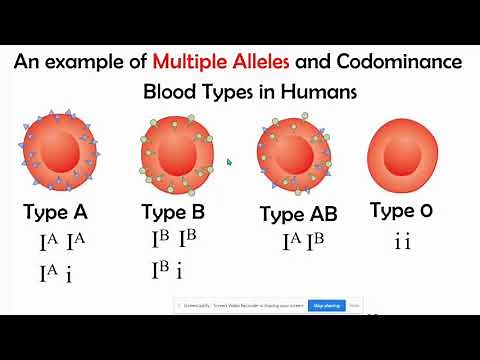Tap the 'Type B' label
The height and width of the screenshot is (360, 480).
pos(179,212)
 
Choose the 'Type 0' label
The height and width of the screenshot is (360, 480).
pos(403,210)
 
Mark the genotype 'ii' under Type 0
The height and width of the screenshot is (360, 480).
pos(403,241)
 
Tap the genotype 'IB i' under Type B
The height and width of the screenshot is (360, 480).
pos(167,271)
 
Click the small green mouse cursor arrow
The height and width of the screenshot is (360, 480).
pos(229,161)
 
